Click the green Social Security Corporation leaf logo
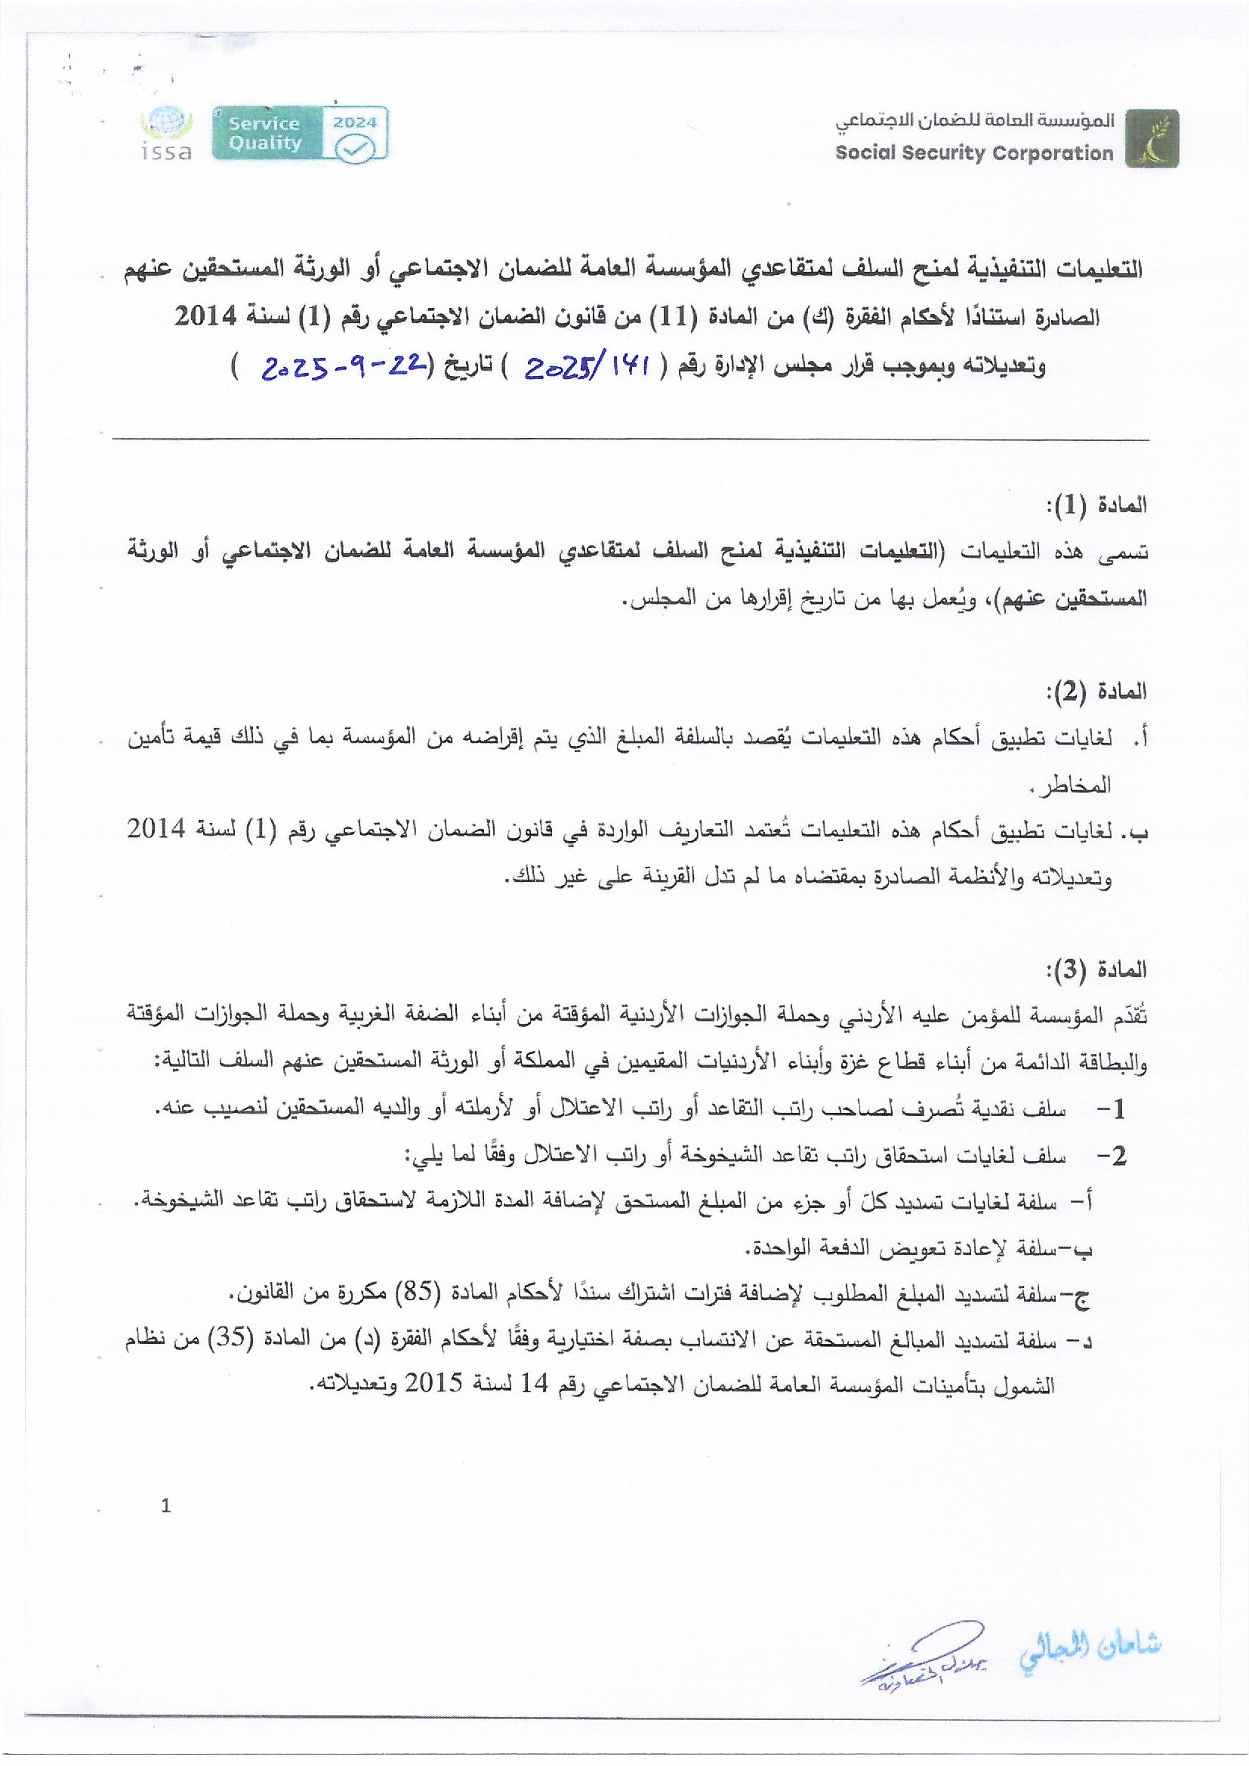point(1151,138)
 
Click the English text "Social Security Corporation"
point(973,153)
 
